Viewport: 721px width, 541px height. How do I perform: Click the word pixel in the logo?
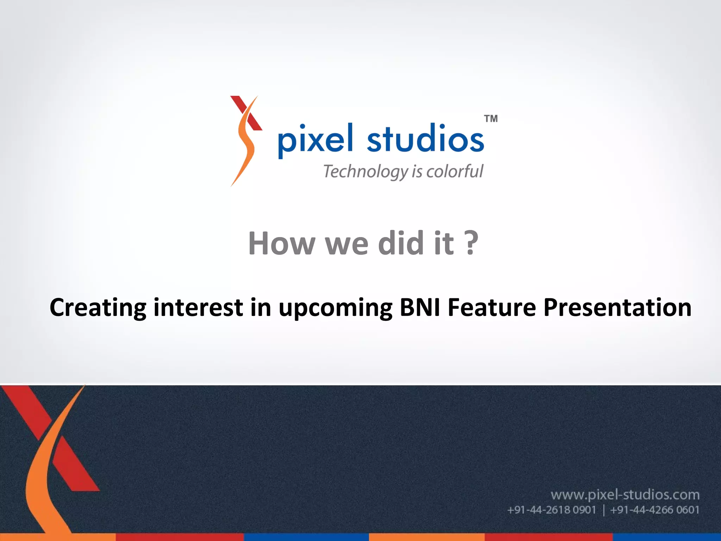coord(314,140)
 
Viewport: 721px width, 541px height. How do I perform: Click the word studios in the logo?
coord(425,138)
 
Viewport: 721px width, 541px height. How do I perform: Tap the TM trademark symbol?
coord(491,119)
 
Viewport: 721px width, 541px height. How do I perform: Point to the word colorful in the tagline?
coord(454,172)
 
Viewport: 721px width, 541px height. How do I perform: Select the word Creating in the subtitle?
coord(98,307)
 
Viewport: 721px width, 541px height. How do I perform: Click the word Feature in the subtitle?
coord(492,307)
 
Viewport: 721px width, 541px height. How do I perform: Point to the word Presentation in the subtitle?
coord(617,307)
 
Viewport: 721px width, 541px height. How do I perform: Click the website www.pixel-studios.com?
coord(625,495)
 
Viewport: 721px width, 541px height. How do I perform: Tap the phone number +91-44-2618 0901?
coord(551,510)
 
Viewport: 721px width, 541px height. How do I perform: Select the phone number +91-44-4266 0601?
coord(654,510)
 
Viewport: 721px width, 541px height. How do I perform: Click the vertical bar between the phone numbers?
coord(603,510)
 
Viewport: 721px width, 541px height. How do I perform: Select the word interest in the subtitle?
coord(198,307)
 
